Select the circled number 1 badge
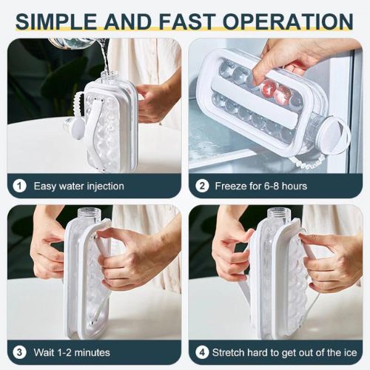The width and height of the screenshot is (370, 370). [x=20, y=186]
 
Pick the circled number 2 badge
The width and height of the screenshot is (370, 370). [x=202, y=186]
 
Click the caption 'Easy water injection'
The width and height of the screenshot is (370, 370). [x=78, y=186]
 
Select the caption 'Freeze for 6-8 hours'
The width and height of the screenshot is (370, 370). [x=260, y=186]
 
